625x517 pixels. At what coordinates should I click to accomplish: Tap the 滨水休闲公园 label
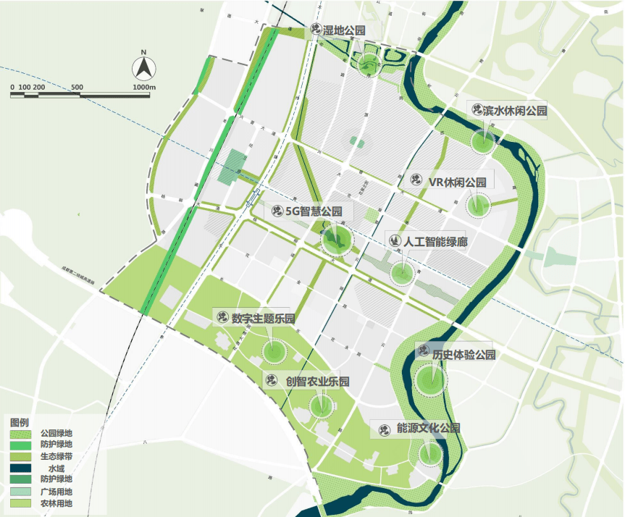pos(515,110)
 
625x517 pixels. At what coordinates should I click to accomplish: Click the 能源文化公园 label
pos(427,429)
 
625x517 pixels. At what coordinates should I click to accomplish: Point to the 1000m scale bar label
pos(146,87)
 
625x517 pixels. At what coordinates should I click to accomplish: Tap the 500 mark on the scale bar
pos(77,87)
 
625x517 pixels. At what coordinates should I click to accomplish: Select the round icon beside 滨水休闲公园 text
pos(477,110)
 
